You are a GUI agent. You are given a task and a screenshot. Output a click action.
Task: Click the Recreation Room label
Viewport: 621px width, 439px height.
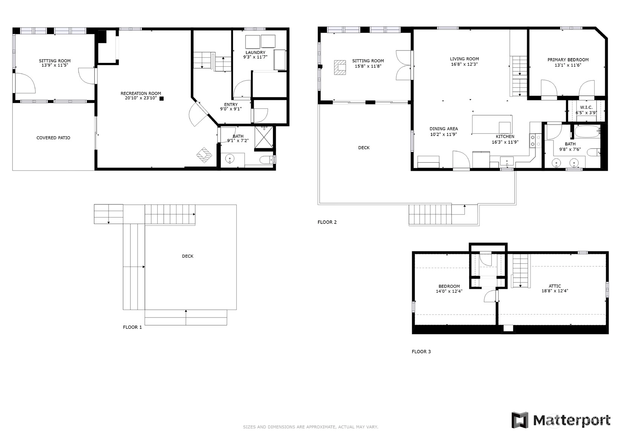pyautogui.click(x=141, y=94)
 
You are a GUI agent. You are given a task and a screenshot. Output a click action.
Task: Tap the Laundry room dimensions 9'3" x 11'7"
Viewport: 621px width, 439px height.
pyautogui.click(x=255, y=57)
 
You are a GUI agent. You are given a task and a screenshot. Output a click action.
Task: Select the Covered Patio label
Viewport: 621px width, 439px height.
pyautogui.click(x=53, y=138)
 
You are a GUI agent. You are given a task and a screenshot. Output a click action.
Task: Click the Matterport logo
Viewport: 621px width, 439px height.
pyautogui.click(x=561, y=420)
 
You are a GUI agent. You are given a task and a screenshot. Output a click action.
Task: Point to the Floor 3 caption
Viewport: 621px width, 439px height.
pyautogui.click(x=421, y=352)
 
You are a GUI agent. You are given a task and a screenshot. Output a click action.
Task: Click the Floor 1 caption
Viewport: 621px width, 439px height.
pyautogui.click(x=132, y=327)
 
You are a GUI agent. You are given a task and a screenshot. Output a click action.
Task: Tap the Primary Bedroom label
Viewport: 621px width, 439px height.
pyautogui.click(x=568, y=60)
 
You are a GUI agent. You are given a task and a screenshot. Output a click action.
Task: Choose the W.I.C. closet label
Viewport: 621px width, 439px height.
pyautogui.click(x=586, y=107)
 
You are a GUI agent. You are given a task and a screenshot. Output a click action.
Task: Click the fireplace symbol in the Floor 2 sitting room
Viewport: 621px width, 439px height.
pyautogui.click(x=340, y=68)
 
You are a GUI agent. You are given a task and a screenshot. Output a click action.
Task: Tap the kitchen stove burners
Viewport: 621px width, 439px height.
pyautogui.click(x=535, y=141)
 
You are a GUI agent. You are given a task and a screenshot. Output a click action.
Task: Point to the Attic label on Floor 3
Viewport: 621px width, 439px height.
pyautogui.click(x=555, y=286)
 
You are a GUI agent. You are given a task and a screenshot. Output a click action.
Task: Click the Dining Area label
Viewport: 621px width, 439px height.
pyautogui.click(x=443, y=129)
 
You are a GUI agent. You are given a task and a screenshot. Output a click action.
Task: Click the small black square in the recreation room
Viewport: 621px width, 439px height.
pyautogui.click(x=162, y=98)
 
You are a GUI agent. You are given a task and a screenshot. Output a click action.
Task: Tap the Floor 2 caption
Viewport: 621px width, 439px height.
pyautogui.click(x=327, y=222)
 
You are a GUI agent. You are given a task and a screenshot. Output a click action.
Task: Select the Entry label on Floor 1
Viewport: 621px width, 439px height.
pyautogui.click(x=231, y=104)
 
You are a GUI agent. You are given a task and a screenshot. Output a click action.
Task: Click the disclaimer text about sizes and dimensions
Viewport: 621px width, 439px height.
pyautogui.click(x=311, y=427)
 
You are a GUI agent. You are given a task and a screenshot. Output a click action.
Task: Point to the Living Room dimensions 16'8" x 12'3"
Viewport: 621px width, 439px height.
pyautogui.click(x=464, y=64)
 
